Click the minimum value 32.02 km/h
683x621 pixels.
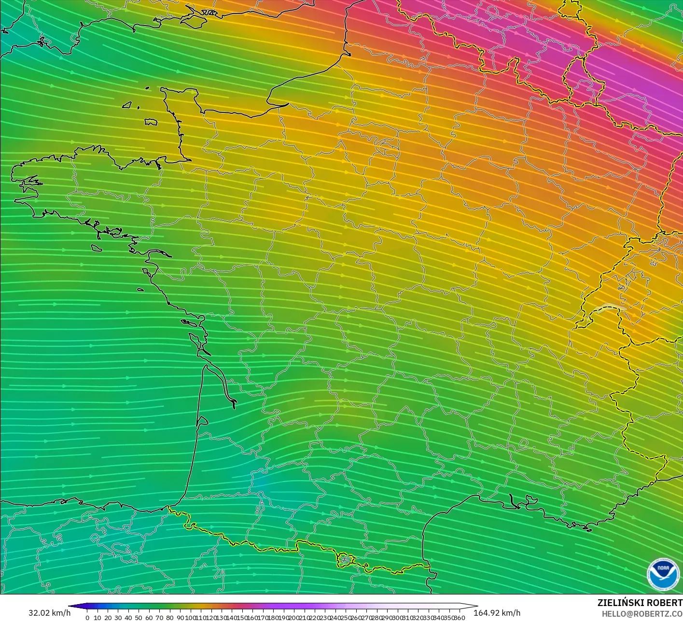[x=49, y=613]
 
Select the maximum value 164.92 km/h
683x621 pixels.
[x=497, y=613]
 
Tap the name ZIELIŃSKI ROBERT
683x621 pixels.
[x=640, y=603]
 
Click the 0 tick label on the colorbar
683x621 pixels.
[x=87, y=618]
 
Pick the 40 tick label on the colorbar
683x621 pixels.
[x=128, y=618]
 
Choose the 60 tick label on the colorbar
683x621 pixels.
[x=149, y=618]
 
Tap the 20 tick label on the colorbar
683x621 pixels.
[x=108, y=618]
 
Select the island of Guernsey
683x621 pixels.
[x=127, y=104]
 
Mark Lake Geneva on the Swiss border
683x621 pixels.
[x=610, y=308]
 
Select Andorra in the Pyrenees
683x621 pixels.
[x=345, y=560]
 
